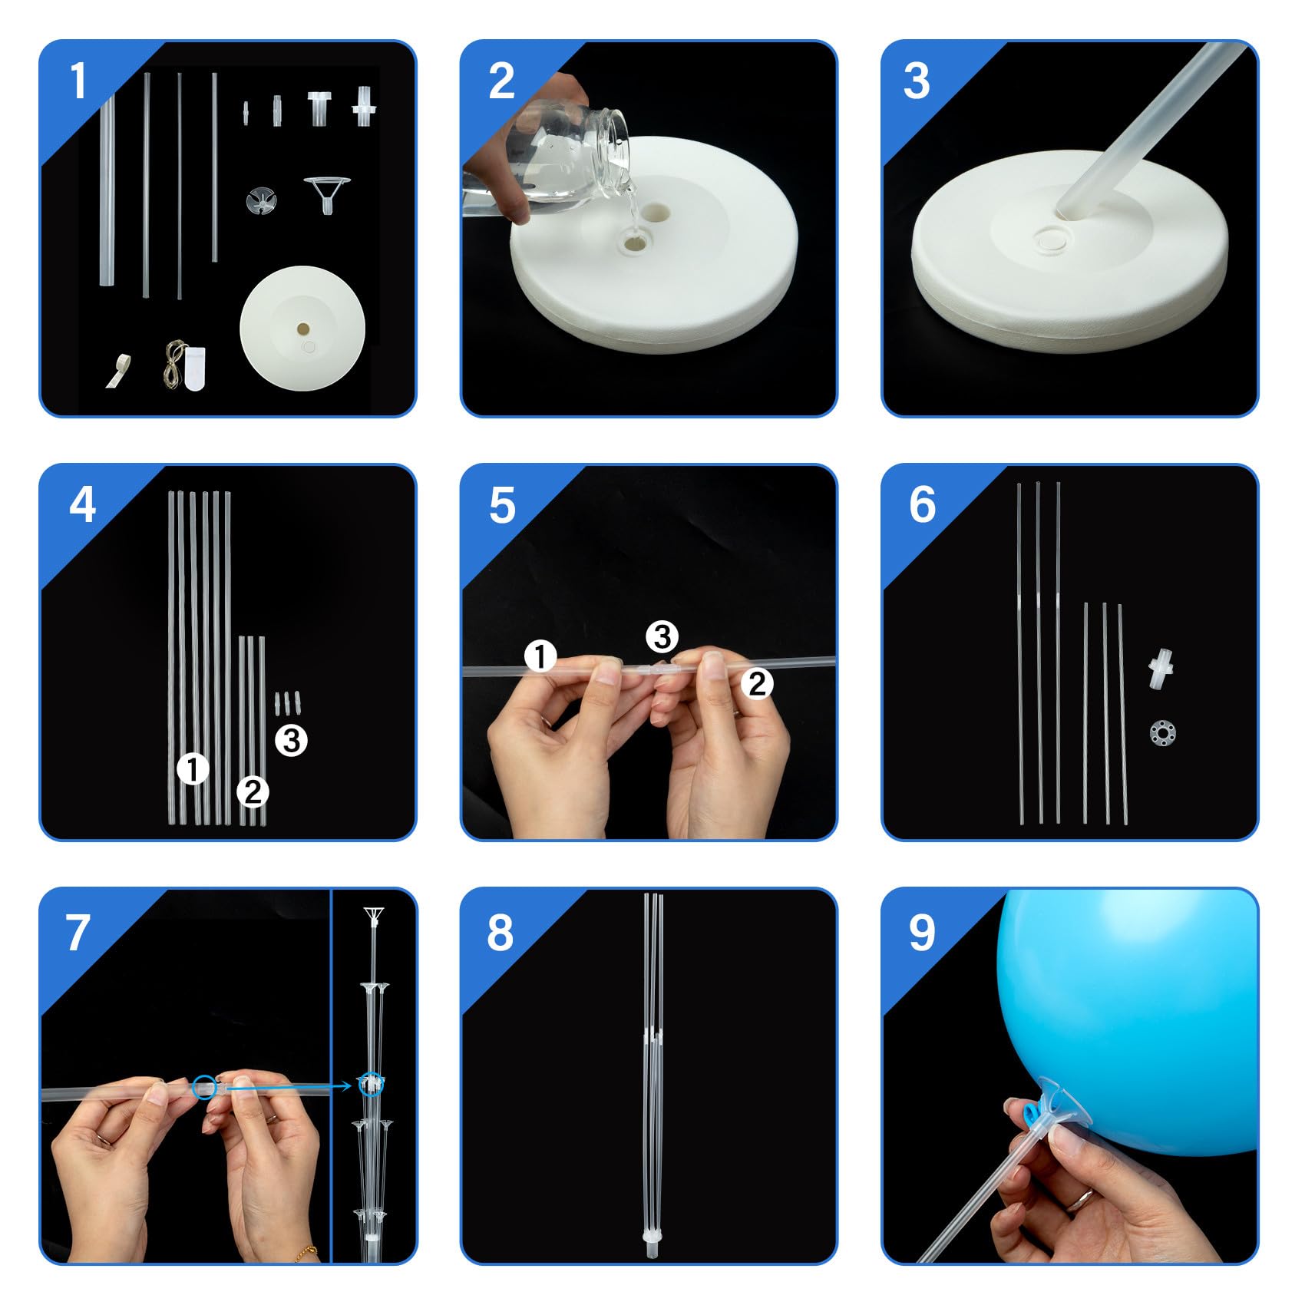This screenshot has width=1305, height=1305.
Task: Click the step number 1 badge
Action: (x=78, y=81)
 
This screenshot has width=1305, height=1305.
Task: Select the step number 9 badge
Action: (x=921, y=933)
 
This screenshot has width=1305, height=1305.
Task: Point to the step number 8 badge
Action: (x=500, y=933)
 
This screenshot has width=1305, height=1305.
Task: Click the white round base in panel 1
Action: (x=301, y=329)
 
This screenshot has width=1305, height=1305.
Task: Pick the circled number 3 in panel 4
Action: (x=291, y=741)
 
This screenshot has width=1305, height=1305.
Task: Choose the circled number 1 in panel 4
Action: (x=193, y=769)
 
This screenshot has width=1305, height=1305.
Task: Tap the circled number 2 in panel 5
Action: (x=757, y=683)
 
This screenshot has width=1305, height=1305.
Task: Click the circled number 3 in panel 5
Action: (x=662, y=636)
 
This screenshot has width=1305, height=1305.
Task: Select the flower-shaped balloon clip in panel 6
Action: (x=1163, y=734)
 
